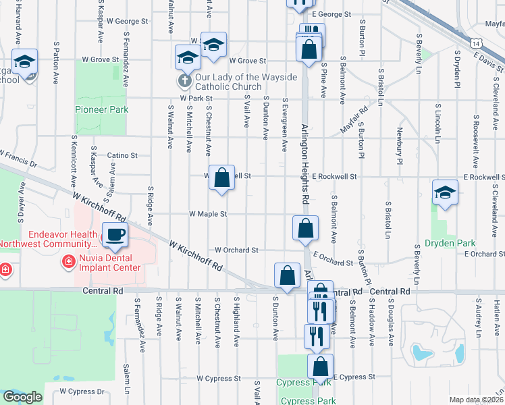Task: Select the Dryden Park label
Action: pyautogui.click(x=450, y=243)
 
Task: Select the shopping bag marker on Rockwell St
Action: pyautogui.click(x=221, y=178)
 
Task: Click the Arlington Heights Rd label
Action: pyautogui.click(x=304, y=165)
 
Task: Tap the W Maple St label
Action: pyautogui.click(x=208, y=214)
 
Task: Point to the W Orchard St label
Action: pyautogui.click(x=236, y=250)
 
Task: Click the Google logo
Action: pyautogui.click(x=22, y=397)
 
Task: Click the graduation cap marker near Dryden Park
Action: pyautogui.click(x=446, y=193)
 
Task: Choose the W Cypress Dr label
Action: pyautogui.click(x=82, y=391)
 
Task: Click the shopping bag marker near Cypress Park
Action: pyautogui.click(x=321, y=366)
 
